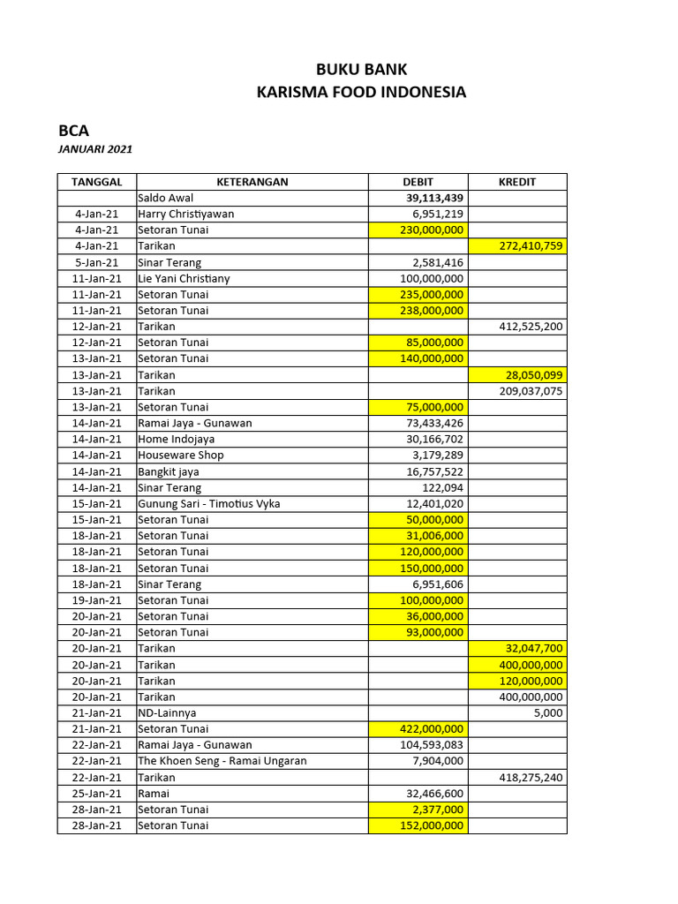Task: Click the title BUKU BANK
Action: click(361, 70)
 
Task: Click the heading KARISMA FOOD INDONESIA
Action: click(361, 93)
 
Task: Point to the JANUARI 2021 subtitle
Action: click(95, 149)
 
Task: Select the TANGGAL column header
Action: click(96, 182)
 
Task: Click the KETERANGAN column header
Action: click(252, 182)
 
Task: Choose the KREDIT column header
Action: click(516, 182)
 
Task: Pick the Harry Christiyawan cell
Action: click(186, 214)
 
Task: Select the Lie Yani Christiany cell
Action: click(184, 278)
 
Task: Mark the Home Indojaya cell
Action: click(176, 439)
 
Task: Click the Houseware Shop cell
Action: click(180, 455)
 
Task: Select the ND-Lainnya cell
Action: click(167, 712)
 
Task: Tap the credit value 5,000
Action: click(547, 712)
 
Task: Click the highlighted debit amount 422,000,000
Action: click(426, 728)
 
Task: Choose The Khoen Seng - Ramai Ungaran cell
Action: click(222, 761)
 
